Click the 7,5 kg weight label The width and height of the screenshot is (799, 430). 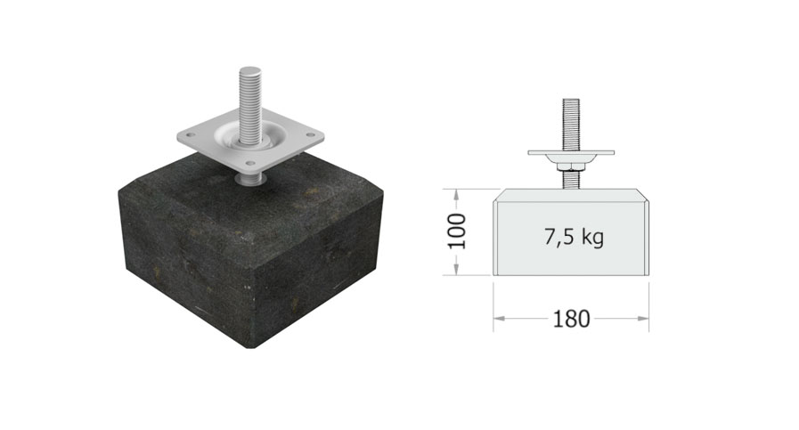click(574, 238)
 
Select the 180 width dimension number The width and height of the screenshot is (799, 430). click(571, 319)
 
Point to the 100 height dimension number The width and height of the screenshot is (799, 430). click(457, 231)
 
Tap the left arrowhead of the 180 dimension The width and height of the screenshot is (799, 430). click(499, 319)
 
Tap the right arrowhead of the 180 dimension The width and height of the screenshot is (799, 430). click(643, 319)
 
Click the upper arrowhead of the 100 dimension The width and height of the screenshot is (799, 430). click(457, 195)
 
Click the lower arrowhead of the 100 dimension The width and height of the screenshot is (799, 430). click(457, 269)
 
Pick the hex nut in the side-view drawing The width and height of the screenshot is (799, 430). click(571, 166)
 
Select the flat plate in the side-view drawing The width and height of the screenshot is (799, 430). click(571, 152)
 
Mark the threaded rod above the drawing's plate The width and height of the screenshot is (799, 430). click(571, 125)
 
